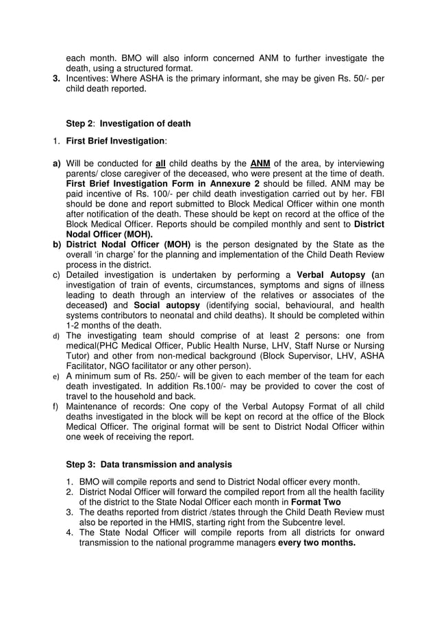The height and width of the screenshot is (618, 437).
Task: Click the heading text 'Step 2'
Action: pyautogui.click(x=82, y=123)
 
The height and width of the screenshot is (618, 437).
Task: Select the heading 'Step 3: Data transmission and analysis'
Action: pyautogui.click(x=149, y=464)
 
